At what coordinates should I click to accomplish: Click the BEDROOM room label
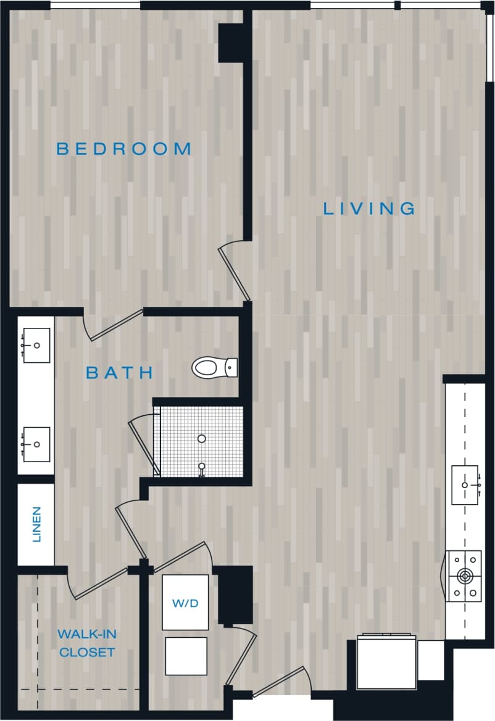[123, 149]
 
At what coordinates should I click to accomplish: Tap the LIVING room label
[369, 208]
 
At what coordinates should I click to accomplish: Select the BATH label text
[119, 373]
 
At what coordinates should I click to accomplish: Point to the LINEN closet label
[36, 524]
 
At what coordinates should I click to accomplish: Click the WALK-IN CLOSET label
[86, 643]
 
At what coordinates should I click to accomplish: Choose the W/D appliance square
[185, 603]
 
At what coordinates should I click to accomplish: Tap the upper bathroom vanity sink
[36, 346]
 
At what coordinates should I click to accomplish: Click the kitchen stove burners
[464, 576]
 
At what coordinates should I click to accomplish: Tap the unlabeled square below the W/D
[186, 656]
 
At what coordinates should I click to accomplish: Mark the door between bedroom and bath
[115, 325]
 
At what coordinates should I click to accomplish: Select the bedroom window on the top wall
[95, 6]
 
